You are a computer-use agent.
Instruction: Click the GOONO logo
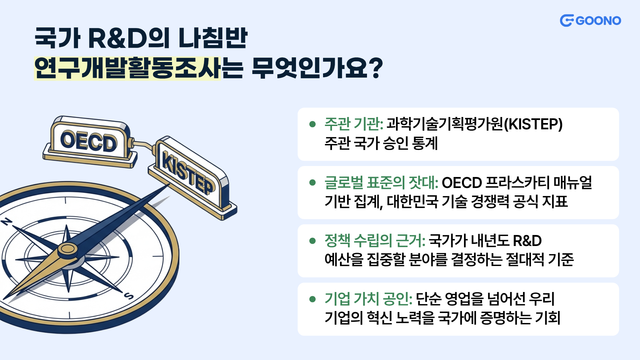(590, 21)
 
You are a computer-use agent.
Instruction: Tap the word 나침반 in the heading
(213, 38)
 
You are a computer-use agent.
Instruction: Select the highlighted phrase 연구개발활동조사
(127, 68)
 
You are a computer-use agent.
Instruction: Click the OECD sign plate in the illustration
(89, 141)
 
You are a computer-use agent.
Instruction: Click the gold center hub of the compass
(68, 249)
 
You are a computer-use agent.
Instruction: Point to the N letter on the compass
(7, 222)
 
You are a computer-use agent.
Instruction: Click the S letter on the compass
(129, 296)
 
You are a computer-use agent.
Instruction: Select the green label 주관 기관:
(354, 124)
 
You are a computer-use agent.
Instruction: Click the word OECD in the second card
(462, 183)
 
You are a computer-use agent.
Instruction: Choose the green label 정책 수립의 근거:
(375, 241)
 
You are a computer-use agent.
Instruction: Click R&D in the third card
(527, 241)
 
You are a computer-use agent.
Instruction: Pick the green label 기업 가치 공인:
(369, 299)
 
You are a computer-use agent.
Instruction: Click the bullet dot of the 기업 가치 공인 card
(312, 299)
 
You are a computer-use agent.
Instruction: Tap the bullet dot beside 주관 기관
(312, 124)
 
